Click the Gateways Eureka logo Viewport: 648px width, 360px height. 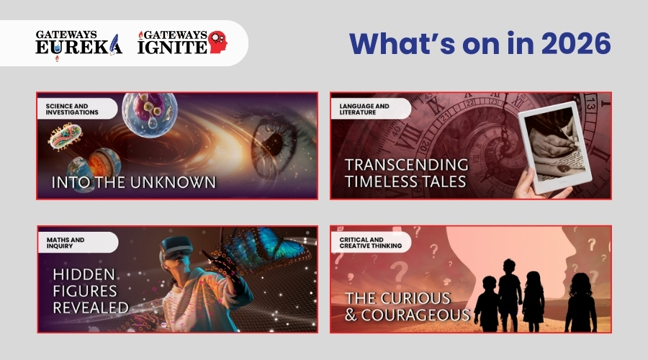(x=78, y=44)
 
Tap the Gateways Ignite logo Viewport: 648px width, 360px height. (x=183, y=42)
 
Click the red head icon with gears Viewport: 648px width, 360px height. (x=217, y=42)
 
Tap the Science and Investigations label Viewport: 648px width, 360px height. (x=72, y=109)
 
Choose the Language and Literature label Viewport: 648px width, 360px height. (x=364, y=109)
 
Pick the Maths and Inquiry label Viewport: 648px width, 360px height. (x=66, y=243)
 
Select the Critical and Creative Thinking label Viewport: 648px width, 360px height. (x=370, y=243)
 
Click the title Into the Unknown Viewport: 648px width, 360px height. (x=133, y=182)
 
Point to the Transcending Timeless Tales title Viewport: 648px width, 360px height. (x=407, y=174)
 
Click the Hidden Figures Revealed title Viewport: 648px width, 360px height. (x=91, y=291)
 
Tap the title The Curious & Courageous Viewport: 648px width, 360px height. (x=408, y=307)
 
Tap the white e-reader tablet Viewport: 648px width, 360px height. (x=554, y=147)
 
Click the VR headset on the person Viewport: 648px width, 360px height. (x=176, y=249)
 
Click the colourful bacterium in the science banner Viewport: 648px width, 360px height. (x=66, y=137)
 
